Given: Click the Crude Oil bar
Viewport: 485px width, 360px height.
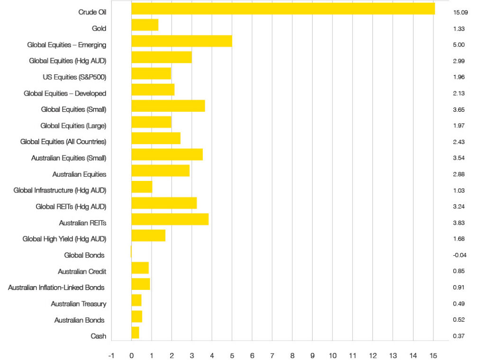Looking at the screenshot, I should point(283,9).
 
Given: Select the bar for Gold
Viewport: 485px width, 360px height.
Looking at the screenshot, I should point(144,25).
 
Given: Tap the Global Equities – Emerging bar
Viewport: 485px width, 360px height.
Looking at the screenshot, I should point(181,41).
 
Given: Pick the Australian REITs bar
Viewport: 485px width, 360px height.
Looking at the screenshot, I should point(170,219).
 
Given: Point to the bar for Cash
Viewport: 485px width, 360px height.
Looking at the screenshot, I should point(135,333).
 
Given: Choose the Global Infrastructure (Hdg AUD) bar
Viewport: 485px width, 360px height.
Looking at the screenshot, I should point(142,187).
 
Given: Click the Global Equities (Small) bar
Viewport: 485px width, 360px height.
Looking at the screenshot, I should point(168,106).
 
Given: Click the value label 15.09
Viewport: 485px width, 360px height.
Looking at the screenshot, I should point(455,12).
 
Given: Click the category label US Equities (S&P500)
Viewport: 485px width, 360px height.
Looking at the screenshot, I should point(74,77).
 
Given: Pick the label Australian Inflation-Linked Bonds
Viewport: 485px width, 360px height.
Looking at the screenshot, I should point(56,288).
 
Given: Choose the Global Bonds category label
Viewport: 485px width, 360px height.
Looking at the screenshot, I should point(84,255).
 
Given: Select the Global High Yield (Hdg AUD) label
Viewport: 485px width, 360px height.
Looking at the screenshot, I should point(64,239).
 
